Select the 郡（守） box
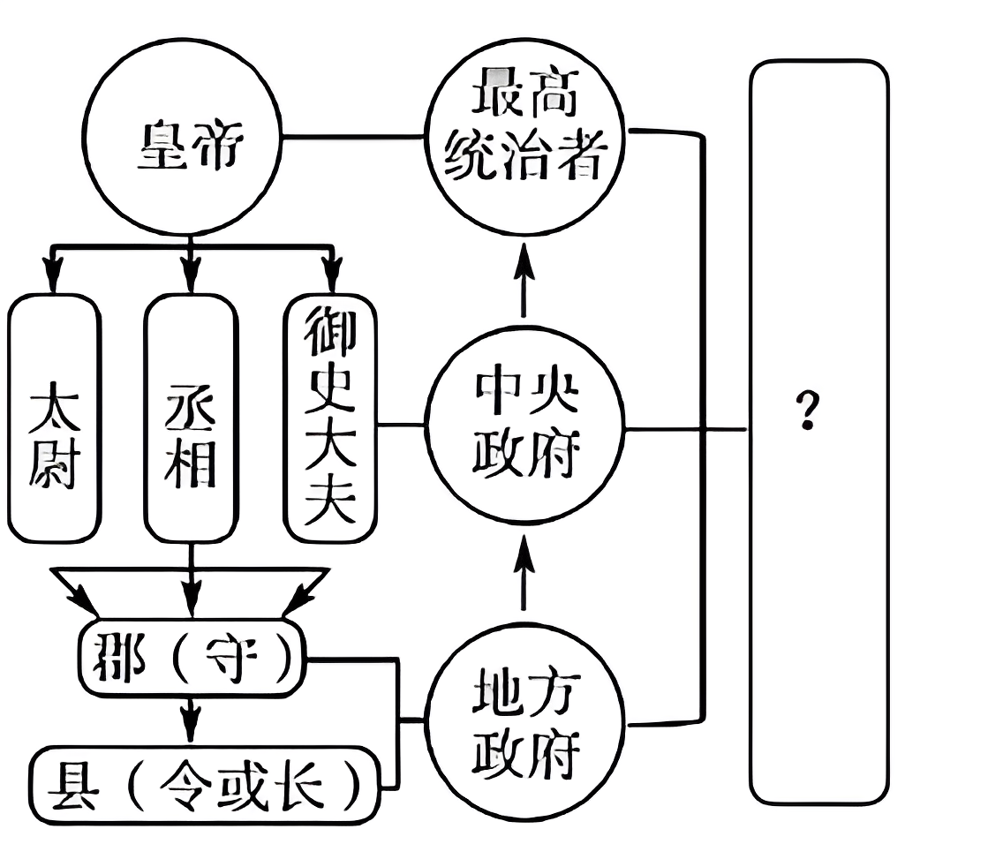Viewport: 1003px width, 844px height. tap(191, 659)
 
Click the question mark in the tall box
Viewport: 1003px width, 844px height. tap(805, 411)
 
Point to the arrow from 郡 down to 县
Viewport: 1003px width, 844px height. tap(189, 720)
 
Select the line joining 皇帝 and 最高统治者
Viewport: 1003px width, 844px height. tap(353, 137)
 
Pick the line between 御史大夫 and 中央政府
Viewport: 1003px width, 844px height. tap(402, 426)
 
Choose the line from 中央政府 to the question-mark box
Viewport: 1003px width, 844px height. tap(684, 430)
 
